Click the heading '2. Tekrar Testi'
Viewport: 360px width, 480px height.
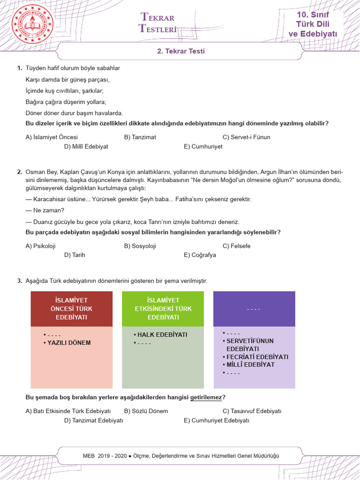pyautogui.click(x=180, y=52)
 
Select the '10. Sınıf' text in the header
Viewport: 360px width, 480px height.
pyautogui.click(x=313, y=15)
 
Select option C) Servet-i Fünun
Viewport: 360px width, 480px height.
pyautogui.click(x=246, y=137)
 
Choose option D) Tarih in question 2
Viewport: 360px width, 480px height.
pyautogui.click(x=75, y=255)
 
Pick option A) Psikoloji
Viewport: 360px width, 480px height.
pyautogui.click(x=41, y=246)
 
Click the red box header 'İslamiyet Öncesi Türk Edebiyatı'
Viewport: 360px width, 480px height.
pyautogui.click(x=72, y=308)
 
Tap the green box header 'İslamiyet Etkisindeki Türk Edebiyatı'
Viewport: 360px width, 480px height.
pyautogui.click(x=163, y=308)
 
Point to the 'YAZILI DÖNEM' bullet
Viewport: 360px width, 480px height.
pyautogui.click(x=69, y=343)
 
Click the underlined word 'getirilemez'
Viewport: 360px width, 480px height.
pyautogui.click(x=205, y=398)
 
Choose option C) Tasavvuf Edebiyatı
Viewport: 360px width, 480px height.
pyautogui.click(x=252, y=411)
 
